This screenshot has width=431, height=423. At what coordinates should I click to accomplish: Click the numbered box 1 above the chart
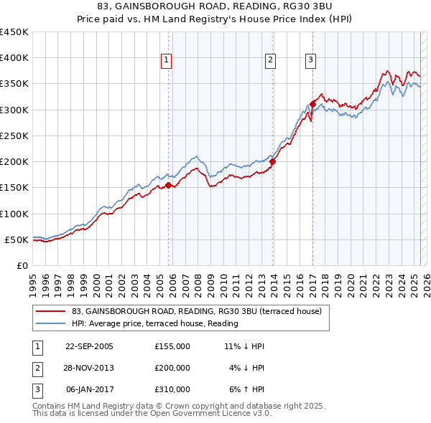(x=166, y=60)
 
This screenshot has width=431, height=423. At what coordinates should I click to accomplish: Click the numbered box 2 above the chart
(x=271, y=60)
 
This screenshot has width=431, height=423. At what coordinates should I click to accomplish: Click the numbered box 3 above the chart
(x=311, y=60)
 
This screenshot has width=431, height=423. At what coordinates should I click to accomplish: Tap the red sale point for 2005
(x=169, y=185)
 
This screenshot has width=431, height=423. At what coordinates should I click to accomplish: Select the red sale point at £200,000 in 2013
(x=273, y=162)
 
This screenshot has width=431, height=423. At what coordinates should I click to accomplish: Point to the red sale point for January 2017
(x=313, y=105)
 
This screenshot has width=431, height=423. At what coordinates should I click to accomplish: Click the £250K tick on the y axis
(x=14, y=136)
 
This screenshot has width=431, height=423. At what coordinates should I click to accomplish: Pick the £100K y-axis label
(x=14, y=214)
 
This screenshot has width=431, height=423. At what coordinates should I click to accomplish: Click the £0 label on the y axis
(x=22, y=265)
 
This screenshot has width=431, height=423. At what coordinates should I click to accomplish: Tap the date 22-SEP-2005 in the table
(x=89, y=346)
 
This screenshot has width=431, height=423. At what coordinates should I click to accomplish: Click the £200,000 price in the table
(x=172, y=368)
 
